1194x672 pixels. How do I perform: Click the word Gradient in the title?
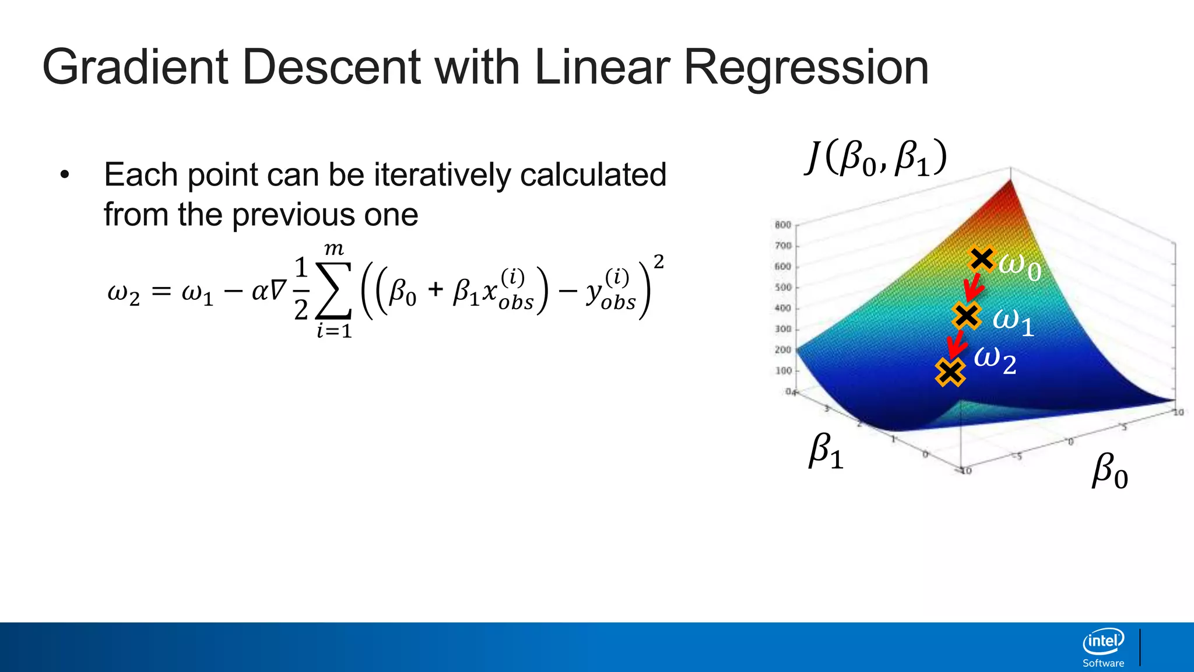click(134, 68)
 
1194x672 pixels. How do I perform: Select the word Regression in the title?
click(806, 68)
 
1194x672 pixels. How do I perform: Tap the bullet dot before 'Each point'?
click(65, 174)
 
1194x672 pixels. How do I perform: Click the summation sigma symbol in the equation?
click(334, 290)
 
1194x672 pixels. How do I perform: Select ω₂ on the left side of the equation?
click(124, 292)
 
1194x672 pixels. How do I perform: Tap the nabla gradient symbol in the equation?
click(278, 290)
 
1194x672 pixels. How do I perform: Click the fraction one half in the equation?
click(301, 289)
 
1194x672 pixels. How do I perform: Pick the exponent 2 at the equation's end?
click(658, 262)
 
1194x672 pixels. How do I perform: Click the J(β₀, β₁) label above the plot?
click(876, 158)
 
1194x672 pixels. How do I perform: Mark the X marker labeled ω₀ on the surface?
click(982, 258)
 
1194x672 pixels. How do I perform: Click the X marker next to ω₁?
click(967, 316)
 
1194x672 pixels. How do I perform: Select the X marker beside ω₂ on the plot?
click(950, 372)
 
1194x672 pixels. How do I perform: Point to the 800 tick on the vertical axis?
click(782, 225)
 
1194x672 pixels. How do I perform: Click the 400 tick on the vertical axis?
click(782, 308)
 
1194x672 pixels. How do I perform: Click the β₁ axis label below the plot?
click(826, 452)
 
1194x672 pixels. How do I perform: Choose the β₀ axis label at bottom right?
click(1109, 471)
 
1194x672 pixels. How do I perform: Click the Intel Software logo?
click(1103, 648)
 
